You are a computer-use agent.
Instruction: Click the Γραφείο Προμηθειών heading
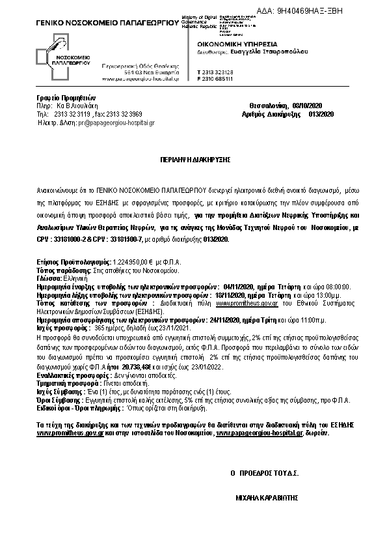pyautogui.click(x=57, y=98)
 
